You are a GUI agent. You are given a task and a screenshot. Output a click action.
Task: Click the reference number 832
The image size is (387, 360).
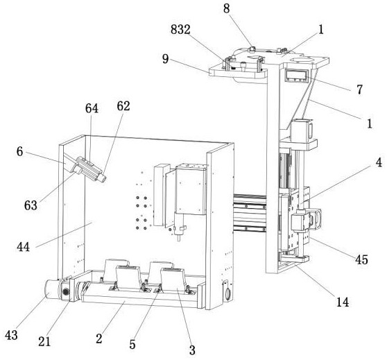click(x=180, y=30)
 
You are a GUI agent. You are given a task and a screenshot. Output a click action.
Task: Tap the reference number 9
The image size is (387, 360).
click(x=165, y=59)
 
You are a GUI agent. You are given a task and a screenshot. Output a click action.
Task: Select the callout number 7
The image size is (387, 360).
click(x=359, y=89)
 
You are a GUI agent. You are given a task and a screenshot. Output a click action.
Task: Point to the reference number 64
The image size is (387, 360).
click(x=92, y=108)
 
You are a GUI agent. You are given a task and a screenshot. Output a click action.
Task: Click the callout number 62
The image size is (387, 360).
click(x=123, y=106)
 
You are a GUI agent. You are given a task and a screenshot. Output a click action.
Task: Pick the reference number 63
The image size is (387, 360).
click(x=31, y=205)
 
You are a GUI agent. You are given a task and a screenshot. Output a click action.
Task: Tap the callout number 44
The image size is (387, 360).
click(x=23, y=247)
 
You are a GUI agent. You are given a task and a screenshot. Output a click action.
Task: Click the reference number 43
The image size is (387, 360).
click(x=11, y=335)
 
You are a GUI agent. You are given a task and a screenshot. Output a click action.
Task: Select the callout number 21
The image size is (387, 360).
click(x=44, y=341)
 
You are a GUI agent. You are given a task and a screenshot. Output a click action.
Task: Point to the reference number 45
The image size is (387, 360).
click(x=361, y=259)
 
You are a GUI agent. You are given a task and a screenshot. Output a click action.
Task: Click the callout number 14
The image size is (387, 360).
click(x=343, y=302)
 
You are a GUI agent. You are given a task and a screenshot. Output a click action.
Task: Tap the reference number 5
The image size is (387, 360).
click(x=132, y=344)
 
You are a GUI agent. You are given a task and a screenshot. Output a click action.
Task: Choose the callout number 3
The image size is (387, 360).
click(x=192, y=350)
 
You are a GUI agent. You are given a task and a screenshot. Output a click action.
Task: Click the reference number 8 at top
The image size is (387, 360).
click(x=227, y=8)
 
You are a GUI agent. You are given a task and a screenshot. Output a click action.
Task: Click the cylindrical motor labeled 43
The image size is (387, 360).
click(x=52, y=290)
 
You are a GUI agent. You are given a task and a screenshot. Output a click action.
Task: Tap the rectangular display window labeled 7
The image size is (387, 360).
click(x=297, y=75)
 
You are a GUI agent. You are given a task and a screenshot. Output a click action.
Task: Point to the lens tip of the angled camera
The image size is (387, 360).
click(x=103, y=178)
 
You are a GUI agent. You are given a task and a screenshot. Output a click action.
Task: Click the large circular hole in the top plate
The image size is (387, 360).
click(x=302, y=60)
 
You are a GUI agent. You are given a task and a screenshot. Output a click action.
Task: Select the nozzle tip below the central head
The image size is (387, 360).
click(x=179, y=239)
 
